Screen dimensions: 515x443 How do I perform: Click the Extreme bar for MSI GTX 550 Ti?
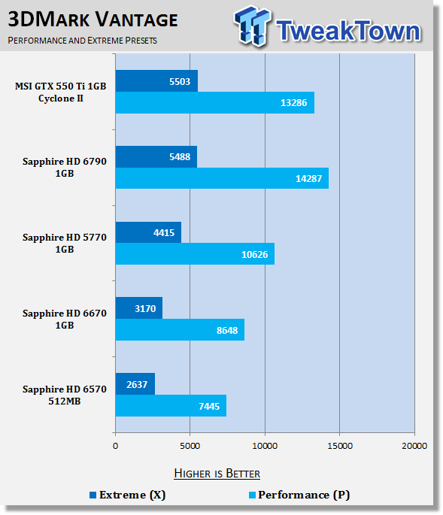pyautogui.click(x=156, y=80)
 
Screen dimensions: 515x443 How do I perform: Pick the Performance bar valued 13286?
pyautogui.click(x=214, y=102)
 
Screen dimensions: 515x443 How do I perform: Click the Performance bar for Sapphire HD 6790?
pyautogui.click(x=222, y=178)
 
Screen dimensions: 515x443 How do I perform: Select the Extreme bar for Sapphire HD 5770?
pyautogui.click(x=148, y=232)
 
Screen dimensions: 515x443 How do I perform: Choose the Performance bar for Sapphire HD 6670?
pyautogui.click(x=180, y=329)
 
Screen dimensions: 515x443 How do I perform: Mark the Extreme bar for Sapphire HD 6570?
pyautogui.click(x=135, y=383)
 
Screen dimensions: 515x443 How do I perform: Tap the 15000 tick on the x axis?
pyautogui.click(x=339, y=447)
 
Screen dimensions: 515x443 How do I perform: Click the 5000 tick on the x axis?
pyautogui.click(x=190, y=447)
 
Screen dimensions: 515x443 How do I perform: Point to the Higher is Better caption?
pyautogui.click(x=217, y=473)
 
